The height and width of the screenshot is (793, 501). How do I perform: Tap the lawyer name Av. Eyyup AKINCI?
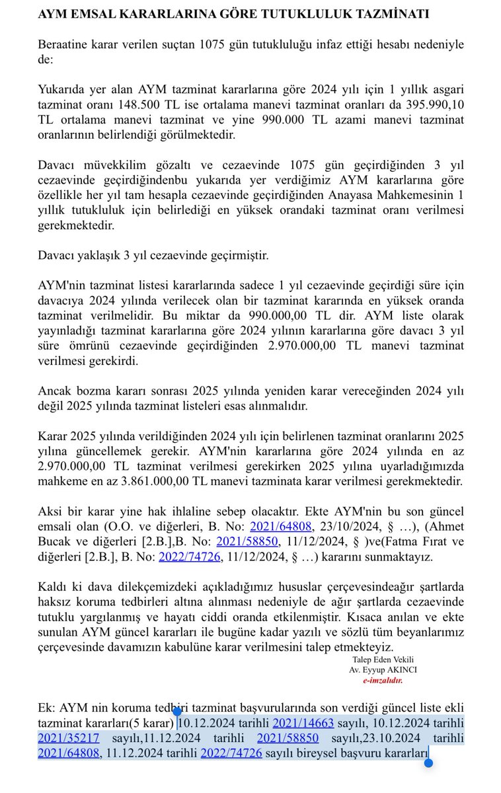coord(383,669)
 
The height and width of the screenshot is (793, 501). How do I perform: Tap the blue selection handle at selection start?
coord(177,711)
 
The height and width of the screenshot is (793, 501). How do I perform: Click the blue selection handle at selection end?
coord(428,763)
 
